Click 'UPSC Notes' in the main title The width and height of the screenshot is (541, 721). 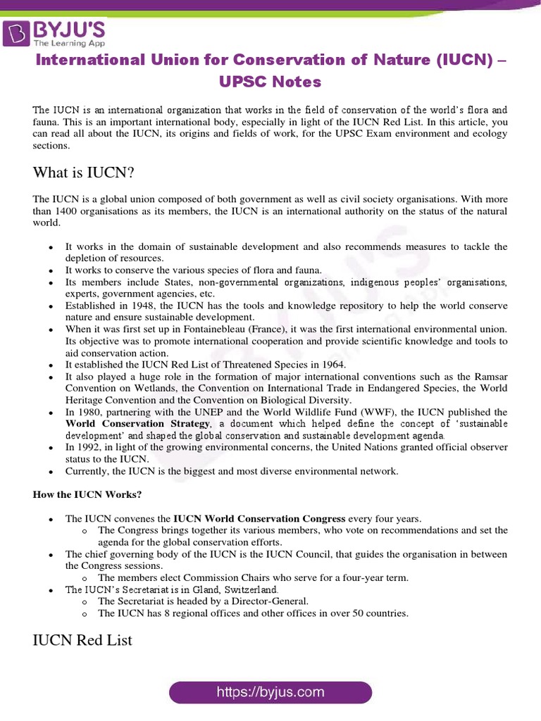[270, 82]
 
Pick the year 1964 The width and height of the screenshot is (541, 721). [331, 365]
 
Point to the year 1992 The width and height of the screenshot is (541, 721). [89, 447]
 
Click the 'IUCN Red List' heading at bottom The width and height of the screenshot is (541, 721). [82, 641]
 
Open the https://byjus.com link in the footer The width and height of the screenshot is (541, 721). [270, 692]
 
